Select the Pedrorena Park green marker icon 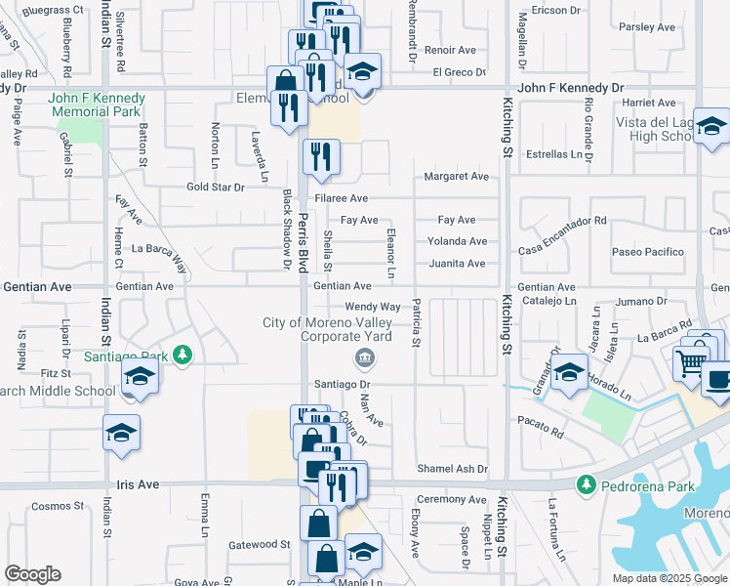click(586, 483)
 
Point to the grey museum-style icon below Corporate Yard click(364, 357)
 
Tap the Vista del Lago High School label click(659, 129)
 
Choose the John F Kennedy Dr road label click(570, 88)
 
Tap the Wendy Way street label click(373, 307)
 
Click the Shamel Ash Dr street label click(452, 469)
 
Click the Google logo click(32, 574)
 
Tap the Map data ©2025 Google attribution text click(669, 578)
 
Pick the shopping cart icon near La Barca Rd click(691, 363)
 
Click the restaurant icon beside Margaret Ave click(321, 156)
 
